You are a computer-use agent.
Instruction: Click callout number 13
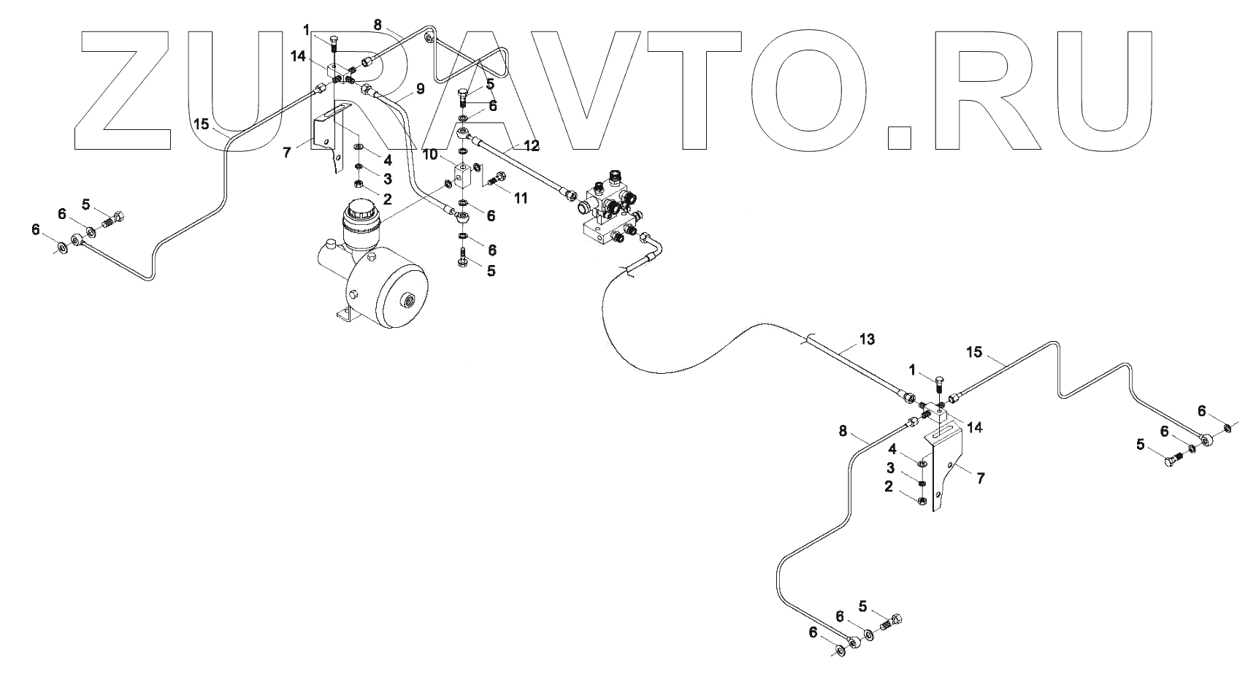tap(867, 340)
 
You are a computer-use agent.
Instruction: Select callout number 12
tap(531, 146)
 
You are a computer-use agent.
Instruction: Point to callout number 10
tap(430, 156)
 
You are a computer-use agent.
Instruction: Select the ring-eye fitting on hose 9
tap(461, 216)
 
